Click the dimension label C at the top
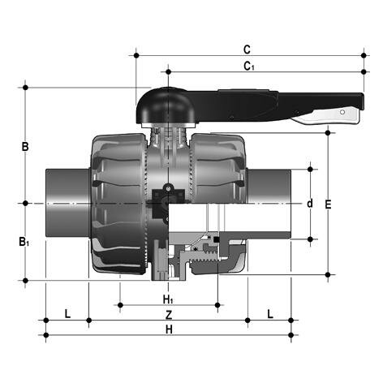point(247,48)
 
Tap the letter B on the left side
point(25,147)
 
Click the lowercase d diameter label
point(309,203)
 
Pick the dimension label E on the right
point(328,204)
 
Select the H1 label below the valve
point(169,298)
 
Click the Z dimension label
point(169,313)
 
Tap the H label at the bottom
point(169,329)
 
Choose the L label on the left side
point(67,313)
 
